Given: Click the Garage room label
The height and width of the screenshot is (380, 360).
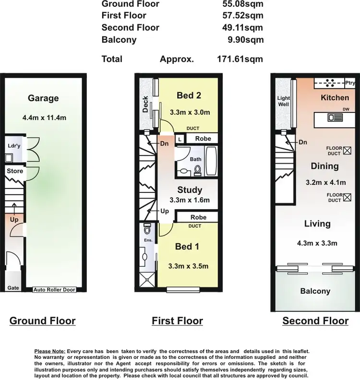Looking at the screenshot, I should coord(43,98).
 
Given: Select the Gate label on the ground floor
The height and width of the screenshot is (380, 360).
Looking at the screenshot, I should coord(13,288).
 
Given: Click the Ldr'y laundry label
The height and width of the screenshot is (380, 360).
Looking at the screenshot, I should coord(13,146).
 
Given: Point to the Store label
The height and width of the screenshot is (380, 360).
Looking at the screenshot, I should coord(14,171).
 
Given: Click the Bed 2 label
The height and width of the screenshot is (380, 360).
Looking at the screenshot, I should coord(189,95).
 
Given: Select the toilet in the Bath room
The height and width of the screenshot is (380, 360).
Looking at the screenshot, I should coord(197,168).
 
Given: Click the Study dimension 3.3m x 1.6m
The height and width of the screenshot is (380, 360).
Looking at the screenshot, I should coord(190,201).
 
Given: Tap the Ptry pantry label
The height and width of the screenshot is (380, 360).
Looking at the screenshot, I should coord(350,83).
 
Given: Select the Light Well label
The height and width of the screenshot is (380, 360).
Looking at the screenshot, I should coord(284,101).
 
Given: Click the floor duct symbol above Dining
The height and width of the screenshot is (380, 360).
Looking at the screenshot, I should coord(348,151).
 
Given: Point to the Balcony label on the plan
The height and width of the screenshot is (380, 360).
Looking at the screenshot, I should coord(315,291).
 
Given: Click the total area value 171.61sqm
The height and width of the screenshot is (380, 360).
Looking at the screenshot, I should coord(240,59).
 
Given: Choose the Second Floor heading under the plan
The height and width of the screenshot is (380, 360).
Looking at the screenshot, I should coord(315,321).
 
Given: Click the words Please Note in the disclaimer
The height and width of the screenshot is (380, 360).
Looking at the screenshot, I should coord(50,352).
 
